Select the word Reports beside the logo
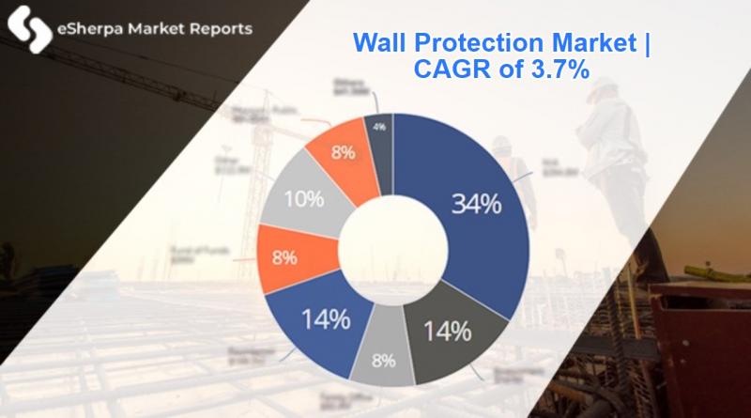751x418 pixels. tap(220, 29)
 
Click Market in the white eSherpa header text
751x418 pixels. tap(155, 29)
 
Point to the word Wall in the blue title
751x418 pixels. tap(377, 43)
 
